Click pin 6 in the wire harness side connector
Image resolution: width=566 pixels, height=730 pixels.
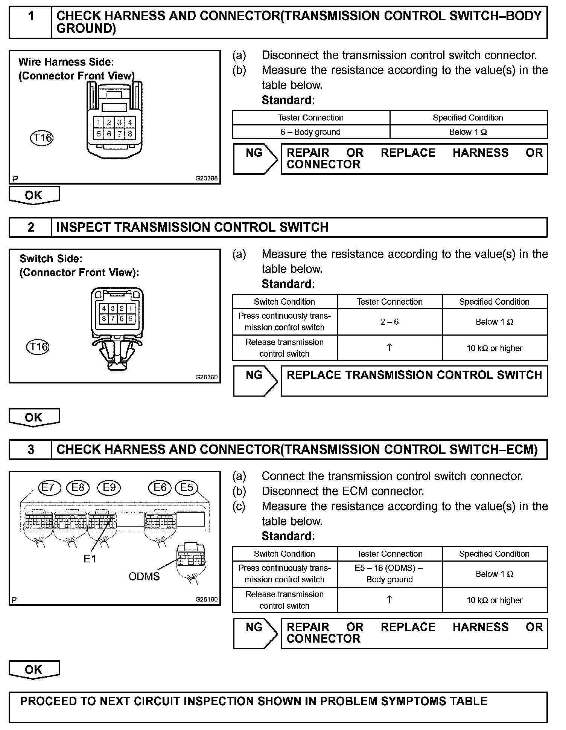109,134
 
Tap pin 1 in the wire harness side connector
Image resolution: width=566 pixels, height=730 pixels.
99,122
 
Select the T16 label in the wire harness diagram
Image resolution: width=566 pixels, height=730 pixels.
42,138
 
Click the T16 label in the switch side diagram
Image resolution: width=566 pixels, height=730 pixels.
38,347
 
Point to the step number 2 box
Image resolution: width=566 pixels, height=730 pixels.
30,227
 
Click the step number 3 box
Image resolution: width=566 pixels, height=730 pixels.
30,449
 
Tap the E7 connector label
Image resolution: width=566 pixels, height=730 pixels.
49,488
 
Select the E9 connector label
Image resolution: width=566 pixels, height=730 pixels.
109,488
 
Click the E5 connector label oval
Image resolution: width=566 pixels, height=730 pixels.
187,488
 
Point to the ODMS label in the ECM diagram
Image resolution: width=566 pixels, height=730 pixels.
144,577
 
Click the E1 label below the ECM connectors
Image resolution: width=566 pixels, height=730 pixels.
90,559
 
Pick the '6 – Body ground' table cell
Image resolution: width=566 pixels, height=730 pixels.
310,132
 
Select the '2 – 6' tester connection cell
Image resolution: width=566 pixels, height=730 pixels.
390,322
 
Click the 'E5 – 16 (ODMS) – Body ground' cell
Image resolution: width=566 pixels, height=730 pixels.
390,574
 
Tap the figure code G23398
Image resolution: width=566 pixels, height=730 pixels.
206,179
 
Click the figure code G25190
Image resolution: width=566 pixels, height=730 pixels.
206,599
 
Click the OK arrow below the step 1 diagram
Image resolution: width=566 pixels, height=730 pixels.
34,195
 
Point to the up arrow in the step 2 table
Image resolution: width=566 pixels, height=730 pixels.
390,348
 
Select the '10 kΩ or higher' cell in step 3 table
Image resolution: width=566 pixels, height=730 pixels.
494,600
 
